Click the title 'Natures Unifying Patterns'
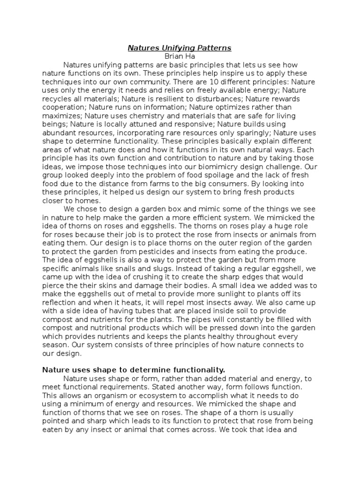pos(180,48)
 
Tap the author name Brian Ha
pos(180,56)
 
